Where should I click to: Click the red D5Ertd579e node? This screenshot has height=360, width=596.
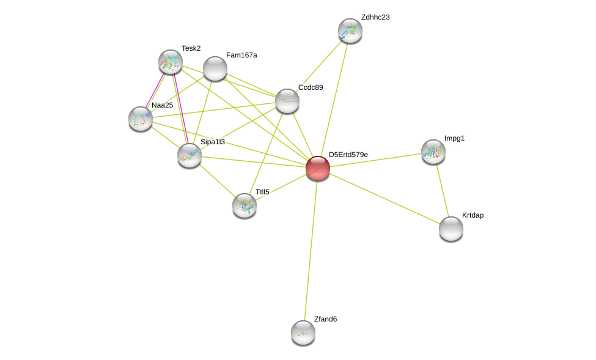(x=318, y=168)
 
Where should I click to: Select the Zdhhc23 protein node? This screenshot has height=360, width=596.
(x=350, y=31)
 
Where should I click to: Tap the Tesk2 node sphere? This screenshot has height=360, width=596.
(x=171, y=62)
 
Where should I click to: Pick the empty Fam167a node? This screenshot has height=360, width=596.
(x=215, y=69)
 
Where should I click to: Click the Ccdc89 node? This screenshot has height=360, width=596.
(x=287, y=101)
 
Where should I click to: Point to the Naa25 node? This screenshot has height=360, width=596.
(x=141, y=119)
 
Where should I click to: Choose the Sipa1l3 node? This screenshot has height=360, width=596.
(x=189, y=155)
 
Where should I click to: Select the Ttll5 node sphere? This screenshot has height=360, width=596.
(x=245, y=205)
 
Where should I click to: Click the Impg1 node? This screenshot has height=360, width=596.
(x=433, y=152)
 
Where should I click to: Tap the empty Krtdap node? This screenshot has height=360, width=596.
(x=451, y=229)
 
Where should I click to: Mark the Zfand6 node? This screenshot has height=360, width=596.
(x=303, y=332)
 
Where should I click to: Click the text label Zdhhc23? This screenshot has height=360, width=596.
(x=375, y=17)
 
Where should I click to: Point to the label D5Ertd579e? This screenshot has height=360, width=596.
(x=348, y=155)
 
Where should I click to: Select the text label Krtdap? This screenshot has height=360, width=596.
(x=473, y=215)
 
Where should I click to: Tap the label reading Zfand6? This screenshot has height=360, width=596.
(x=325, y=319)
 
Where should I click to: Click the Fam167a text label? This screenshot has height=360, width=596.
(x=241, y=55)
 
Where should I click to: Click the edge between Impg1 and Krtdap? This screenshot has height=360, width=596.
(x=443, y=191)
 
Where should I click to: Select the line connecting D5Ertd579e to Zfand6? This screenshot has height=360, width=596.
(x=311, y=250)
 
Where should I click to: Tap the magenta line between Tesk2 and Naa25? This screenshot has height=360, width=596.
(x=155, y=90)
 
